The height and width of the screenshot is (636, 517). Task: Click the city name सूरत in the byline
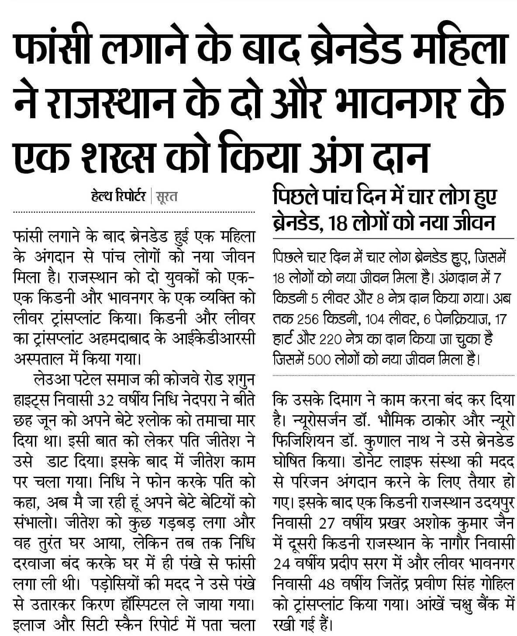tap(166, 197)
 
